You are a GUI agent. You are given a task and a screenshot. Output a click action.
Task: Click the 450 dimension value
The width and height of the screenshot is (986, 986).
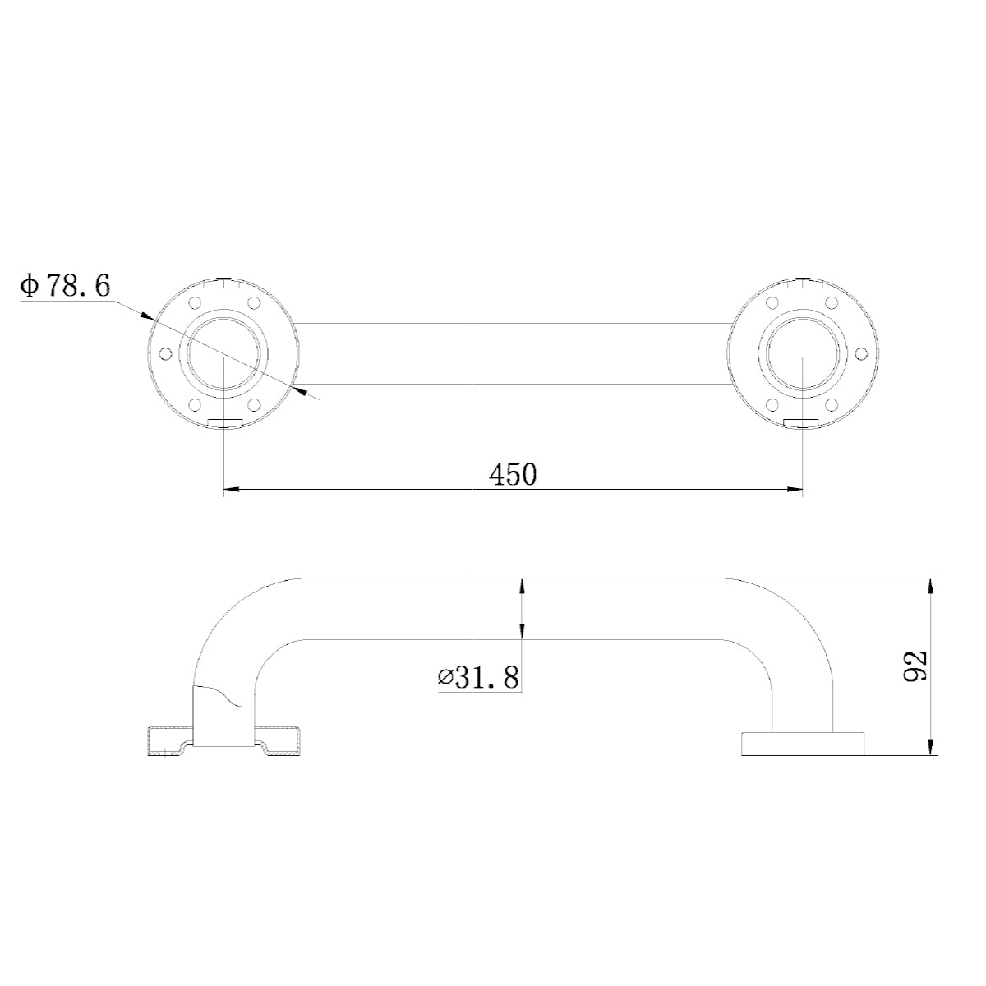pyautogui.click(x=512, y=474)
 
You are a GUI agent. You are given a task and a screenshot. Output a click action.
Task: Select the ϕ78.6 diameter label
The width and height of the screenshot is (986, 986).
pyautogui.click(x=67, y=286)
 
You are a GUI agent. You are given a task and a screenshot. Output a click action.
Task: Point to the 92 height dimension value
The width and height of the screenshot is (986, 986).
pyautogui.click(x=914, y=666)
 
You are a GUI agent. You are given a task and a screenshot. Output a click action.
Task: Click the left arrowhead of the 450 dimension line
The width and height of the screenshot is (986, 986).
pyautogui.click(x=231, y=491)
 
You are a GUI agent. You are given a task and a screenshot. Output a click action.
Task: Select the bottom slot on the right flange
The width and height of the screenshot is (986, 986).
pyautogui.click(x=802, y=422)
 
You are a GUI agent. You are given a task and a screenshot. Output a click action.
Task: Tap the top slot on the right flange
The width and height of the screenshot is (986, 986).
pyautogui.click(x=802, y=285)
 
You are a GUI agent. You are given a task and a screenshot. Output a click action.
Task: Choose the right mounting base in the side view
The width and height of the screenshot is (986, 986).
pyautogui.click(x=803, y=743)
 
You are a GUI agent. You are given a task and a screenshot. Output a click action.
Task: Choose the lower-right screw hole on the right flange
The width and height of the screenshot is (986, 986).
pyautogui.click(x=832, y=404)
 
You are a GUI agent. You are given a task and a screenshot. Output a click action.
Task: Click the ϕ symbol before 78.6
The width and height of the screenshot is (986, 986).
pyautogui.click(x=30, y=286)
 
